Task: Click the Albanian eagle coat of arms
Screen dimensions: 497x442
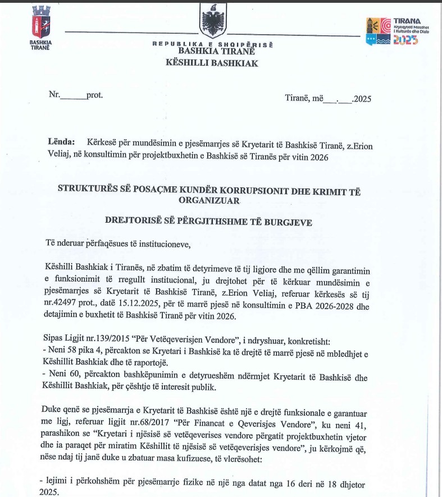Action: click(x=213, y=21)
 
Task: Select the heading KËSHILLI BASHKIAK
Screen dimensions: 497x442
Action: click(x=212, y=63)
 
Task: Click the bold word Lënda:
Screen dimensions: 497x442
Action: click(x=61, y=142)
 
